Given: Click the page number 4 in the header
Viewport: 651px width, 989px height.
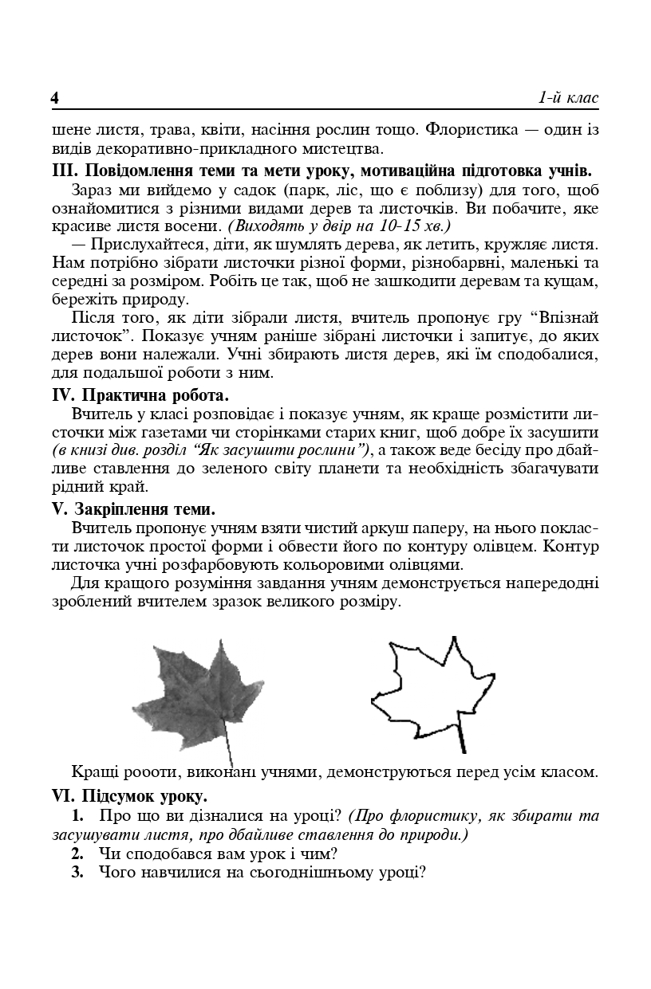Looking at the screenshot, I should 55,98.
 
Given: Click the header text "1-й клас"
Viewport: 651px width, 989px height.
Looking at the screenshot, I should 568,97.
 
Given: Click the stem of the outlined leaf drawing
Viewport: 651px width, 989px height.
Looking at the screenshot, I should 460,738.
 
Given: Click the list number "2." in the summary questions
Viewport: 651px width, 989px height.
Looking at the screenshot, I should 77,854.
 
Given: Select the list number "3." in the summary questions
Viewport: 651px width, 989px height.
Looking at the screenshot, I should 77,872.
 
